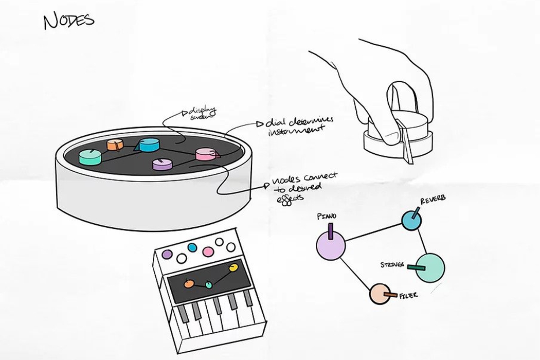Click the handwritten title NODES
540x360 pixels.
point(69,21)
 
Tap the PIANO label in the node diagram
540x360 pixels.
point(328,217)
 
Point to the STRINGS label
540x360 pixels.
point(392,265)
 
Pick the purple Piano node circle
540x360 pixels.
point(330,245)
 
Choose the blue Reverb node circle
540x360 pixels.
point(411,220)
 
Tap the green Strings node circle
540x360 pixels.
point(429,267)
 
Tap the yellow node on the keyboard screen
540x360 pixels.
point(233,267)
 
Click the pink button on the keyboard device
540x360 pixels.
point(208,251)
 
